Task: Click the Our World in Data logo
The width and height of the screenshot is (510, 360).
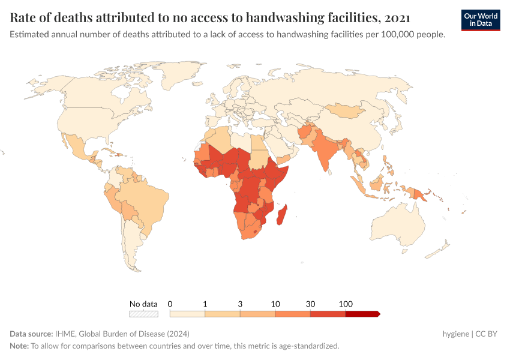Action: tap(481, 19)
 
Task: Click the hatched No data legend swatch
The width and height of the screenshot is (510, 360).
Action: tap(143, 314)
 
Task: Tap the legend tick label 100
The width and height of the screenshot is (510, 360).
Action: tap(346, 304)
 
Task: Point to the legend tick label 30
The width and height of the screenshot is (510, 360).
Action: tap(310, 304)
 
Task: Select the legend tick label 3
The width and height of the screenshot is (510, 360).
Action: tap(240, 304)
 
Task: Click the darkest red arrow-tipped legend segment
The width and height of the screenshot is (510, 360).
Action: tap(362, 314)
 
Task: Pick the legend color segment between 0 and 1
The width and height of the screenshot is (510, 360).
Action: tap(187, 314)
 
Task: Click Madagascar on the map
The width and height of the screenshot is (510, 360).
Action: tap(282, 215)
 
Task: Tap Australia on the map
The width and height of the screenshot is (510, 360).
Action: tap(398, 225)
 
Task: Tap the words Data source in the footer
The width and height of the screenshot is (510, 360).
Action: tap(31, 334)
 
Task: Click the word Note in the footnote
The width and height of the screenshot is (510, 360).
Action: tap(19, 346)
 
